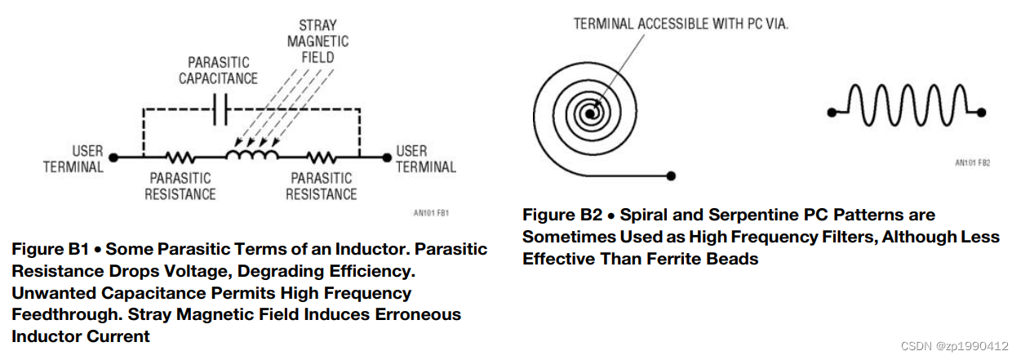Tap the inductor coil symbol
(x=252, y=153)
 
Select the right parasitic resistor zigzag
(x=321, y=156)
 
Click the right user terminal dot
(x=386, y=156)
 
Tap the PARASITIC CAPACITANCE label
(x=218, y=70)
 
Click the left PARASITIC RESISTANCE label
(x=180, y=186)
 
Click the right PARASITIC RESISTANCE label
(x=321, y=186)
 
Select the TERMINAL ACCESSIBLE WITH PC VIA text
(x=681, y=24)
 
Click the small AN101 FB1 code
(x=432, y=214)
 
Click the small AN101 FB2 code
(x=972, y=163)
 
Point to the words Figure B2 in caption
(x=562, y=215)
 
